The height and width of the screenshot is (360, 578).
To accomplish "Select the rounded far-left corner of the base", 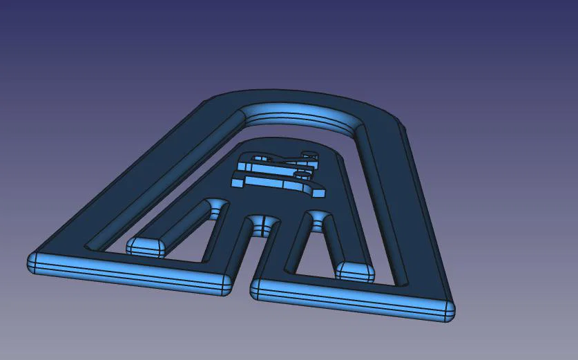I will [x=32, y=263].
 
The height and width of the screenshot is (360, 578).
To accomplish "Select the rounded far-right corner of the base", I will [x=448, y=312].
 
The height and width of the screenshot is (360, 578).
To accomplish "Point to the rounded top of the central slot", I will [x=260, y=223].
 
